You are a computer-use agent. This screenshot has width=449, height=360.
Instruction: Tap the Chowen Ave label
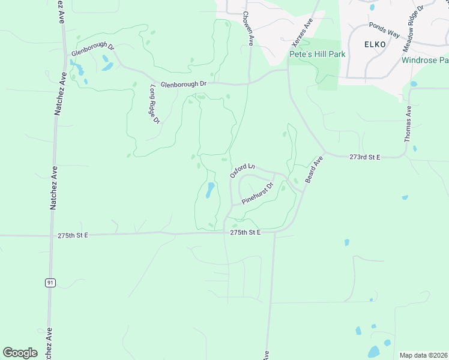[x=249, y=28]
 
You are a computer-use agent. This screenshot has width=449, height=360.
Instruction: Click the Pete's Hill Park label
[x=318, y=54]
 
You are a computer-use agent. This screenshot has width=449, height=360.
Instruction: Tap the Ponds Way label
[x=384, y=31]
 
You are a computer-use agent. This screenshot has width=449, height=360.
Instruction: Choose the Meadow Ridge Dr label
[x=413, y=28]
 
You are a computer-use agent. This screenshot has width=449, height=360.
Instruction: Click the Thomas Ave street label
[x=408, y=124]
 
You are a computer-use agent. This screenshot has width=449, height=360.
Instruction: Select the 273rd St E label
[x=365, y=157]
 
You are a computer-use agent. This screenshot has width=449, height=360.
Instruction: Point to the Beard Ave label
[x=314, y=169]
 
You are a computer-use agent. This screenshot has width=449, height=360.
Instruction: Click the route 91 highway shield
[x=51, y=283]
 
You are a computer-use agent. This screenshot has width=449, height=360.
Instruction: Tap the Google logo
[x=20, y=353]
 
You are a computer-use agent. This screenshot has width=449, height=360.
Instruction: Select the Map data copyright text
[x=423, y=355]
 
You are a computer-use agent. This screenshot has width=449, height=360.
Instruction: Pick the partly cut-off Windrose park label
[x=425, y=60]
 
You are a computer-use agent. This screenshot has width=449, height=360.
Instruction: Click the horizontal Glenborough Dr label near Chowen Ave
[x=182, y=84]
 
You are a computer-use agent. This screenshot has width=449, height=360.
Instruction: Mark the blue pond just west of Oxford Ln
[x=209, y=191]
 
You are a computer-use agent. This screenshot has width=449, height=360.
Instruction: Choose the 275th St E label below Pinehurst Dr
[x=245, y=232]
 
